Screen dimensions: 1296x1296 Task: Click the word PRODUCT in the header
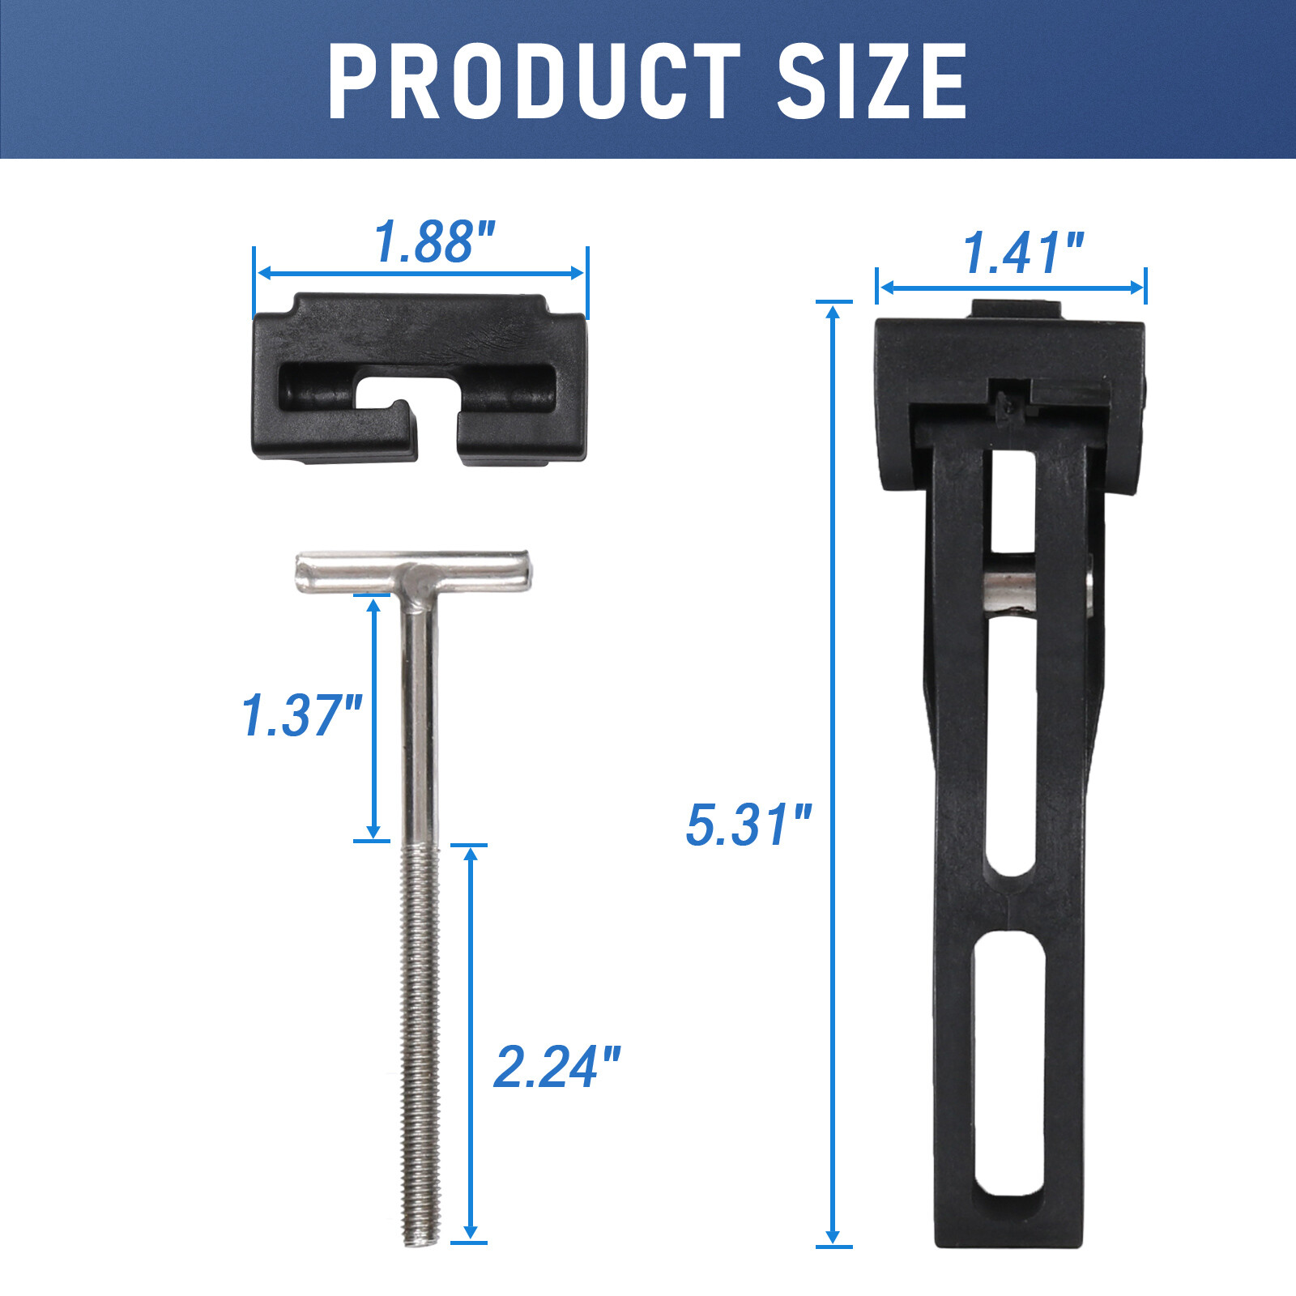(x=534, y=81)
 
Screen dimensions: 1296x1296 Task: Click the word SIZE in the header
(x=872, y=81)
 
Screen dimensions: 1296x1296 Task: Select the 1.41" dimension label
(x=1022, y=253)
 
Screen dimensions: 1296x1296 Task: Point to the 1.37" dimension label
(x=301, y=715)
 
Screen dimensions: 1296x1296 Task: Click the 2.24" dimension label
(x=557, y=1067)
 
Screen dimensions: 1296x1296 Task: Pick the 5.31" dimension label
(x=748, y=825)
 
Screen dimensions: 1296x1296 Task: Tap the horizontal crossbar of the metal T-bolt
(x=413, y=571)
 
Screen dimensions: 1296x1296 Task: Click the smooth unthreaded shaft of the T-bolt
(x=420, y=713)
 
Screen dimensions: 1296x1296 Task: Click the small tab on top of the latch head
(x=1016, y=309)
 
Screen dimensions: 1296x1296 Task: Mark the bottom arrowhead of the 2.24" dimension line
(x=469, y=1231)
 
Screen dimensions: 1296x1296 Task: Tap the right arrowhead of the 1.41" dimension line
(x=1137, y=288)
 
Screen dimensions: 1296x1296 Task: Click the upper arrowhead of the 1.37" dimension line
(x=373, y=606)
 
